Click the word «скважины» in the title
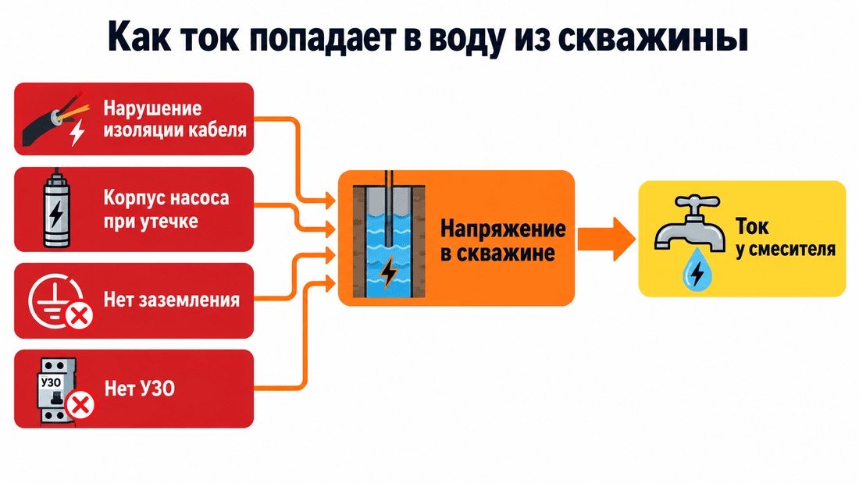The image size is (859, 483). (653, 37)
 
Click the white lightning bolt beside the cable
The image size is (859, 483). (77, 133)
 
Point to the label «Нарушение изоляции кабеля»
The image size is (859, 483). (175, 119)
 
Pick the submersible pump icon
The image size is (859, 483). (56, 208)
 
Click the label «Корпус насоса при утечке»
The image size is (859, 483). (166, 209)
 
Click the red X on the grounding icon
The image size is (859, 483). (80, 316)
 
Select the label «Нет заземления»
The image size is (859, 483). (172, 300)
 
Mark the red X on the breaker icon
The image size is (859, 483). (80, 405)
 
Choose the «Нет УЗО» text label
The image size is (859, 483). (140, 389)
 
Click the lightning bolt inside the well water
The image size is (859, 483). (389, 272)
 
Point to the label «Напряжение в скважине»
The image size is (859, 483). (503, 241)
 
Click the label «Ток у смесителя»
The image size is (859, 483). (785, 237)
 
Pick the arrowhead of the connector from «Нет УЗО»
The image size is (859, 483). (330, 284)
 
